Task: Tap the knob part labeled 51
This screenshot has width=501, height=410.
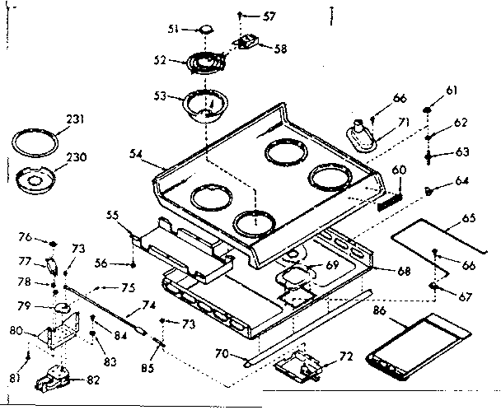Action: [x=204, y=31]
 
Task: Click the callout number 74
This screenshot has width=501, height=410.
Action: [x=150, y=304]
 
